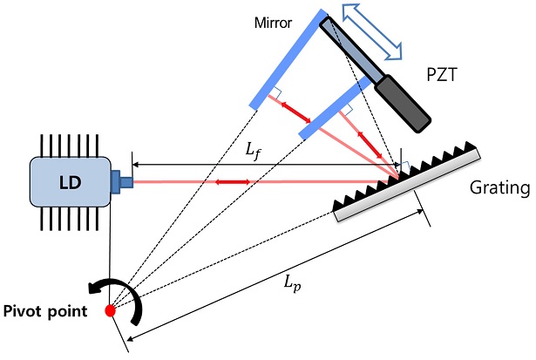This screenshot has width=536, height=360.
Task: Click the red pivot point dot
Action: point(110,309)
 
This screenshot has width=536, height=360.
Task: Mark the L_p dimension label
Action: point(291,285)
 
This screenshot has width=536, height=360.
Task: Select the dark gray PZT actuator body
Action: point(403,100)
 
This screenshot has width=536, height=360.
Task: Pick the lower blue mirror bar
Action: point(334,107)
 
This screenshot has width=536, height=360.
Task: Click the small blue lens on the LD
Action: point(122,182)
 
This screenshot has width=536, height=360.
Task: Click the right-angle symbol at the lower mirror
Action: point(345,112)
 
